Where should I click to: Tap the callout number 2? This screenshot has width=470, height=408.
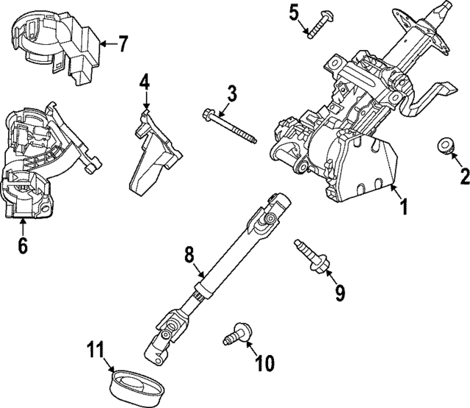tap(463, 176)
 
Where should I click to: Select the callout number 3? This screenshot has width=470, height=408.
tap(231, 93)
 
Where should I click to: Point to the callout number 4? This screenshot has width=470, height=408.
tap(145, 80)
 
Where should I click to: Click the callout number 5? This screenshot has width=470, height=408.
tap(294, 12)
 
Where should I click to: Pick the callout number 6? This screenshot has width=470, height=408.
tap(23, 246)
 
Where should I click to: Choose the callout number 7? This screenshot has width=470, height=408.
tap(122, 43)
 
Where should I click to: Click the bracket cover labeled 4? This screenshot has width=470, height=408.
tap(154, 154)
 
